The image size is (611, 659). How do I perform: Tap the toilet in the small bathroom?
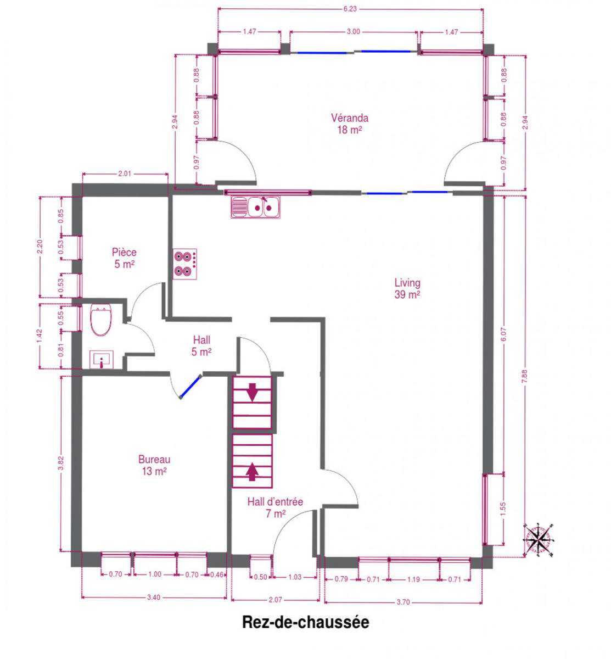(x=101, y=320)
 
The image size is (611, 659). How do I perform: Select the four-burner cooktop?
(x=185, y=264)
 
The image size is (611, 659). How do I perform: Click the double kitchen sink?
(x=255, y=207)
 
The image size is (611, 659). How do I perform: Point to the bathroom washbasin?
(x=102, y=360)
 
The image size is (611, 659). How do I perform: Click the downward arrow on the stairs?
(x=253, y=392)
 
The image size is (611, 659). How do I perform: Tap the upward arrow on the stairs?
(x=253, y=472)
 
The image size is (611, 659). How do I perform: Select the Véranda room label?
(x=349, y=124)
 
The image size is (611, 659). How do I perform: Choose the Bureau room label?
(x=154, y=465)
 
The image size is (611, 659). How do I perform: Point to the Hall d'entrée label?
(x=275, y=507)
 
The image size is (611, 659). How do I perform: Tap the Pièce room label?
(x=124, y=258)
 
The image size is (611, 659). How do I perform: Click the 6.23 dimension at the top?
(x=350, y=9)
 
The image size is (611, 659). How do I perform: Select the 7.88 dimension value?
(x=524, y=377)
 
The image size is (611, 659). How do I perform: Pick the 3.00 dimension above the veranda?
(x=354, y=32)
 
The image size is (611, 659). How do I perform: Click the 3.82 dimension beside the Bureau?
(x=61, y=463)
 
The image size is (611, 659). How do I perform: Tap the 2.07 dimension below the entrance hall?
(x=276, y=600)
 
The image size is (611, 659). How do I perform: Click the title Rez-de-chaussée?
(x=305, y=622)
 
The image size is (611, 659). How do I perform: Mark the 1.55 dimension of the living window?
(x=502, y=509)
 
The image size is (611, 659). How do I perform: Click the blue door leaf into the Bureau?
(x=190, y=387)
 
